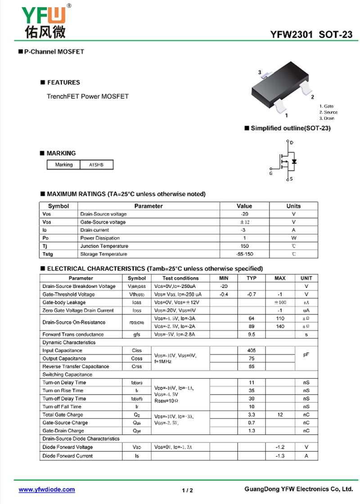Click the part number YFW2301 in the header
coord(291,35)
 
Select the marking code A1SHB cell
coord(96,165)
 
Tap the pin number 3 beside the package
coord(260,72)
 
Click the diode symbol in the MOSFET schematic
coord(294,161)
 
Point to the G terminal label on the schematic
coord(271,173)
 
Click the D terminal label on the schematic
coord(292,143)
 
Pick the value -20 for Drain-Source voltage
coord(244,214)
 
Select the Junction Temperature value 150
coord(244,246)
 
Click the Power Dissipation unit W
coord(293,238)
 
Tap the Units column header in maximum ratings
coord(293,206)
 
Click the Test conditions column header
coord(180,278)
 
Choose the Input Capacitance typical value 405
coord(252,351)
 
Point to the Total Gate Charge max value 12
coord(280,414)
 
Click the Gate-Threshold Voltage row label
coord(68,294)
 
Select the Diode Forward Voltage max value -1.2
coord(280,447)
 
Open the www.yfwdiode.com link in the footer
coord(47,489)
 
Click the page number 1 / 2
coord(188,490)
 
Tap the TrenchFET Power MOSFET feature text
coord(88,96)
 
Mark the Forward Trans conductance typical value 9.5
coord(252,334)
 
